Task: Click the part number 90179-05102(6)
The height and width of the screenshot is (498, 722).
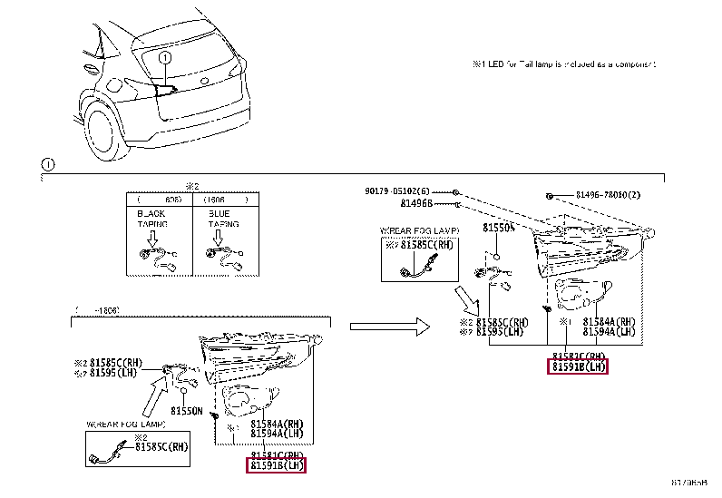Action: click(397, 191)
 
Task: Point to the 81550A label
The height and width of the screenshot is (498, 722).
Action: click(498, 229)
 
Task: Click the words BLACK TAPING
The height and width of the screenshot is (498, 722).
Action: click(152, 218)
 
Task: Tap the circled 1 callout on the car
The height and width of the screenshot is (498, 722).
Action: click(165, 58)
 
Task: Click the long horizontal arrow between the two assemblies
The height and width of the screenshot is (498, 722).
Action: click(388, 324)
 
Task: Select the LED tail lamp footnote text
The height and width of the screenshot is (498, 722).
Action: click(562, 64)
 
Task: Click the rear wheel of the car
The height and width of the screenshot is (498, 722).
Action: click(101, 134)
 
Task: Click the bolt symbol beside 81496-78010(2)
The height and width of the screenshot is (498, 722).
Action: click(550, 195)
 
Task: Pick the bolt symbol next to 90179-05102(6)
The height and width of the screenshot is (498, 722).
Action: click(456, 192)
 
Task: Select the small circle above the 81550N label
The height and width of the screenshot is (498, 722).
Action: click(184, 390)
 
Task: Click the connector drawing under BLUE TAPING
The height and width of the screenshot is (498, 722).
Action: click(221, 255)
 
